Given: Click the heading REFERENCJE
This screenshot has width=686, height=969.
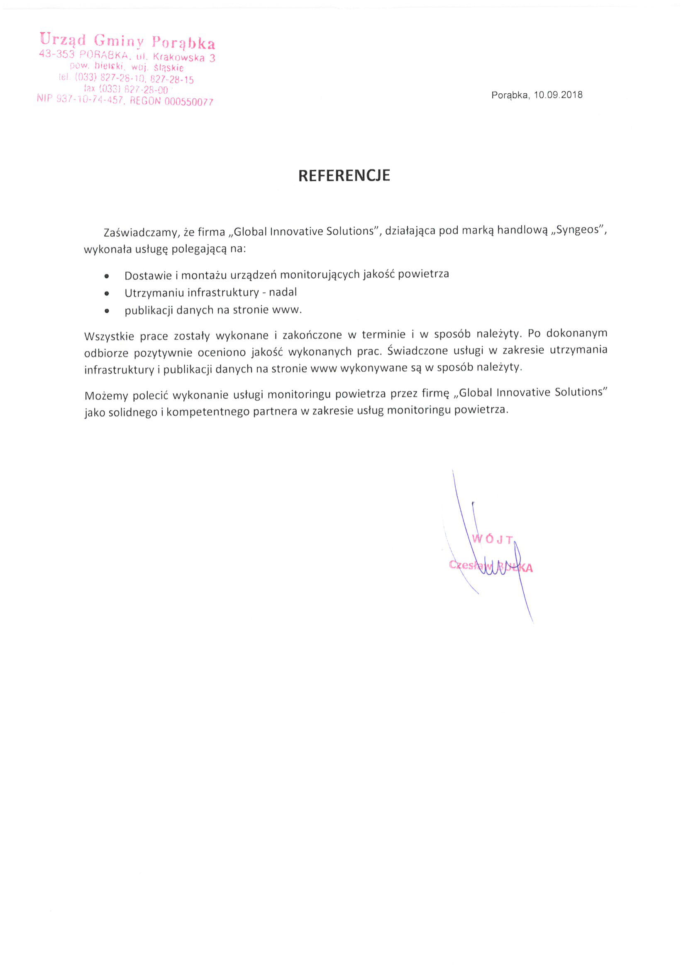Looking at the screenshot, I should (x=344, y=175).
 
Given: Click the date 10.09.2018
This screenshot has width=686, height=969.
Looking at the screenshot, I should (x=558, y=95).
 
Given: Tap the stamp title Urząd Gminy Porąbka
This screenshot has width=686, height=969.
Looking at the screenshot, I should (x=127, y=41).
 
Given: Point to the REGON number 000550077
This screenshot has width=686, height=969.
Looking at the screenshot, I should (x=189, y=101).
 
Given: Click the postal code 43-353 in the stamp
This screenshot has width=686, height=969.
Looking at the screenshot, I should (x=56, y=54).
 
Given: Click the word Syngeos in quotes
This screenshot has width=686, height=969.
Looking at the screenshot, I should (x=577, y=230).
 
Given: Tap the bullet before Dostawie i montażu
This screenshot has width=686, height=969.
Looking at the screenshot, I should (x=107, y=276).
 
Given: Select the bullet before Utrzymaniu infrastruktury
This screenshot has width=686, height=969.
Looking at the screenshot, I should (x=107, y=293).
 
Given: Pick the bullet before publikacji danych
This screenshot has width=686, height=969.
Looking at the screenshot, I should (x=107, y=311).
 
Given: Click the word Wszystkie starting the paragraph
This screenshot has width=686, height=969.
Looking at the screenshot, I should (x=109, y=336).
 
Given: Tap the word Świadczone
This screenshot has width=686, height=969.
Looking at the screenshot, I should (x=417, y=351).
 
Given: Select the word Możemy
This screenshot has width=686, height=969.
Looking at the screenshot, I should (x=105, y=396).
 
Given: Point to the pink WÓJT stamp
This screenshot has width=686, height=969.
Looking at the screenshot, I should (x=492, y=539).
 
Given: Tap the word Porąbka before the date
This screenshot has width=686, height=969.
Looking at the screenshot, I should (x=510, y=95).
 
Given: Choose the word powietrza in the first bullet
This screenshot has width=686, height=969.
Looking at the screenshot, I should (x=423, y=274).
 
